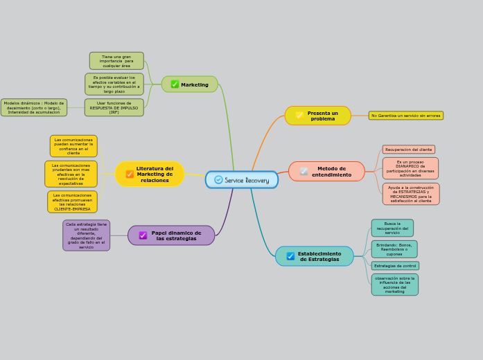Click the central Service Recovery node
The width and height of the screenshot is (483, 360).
(242, 180)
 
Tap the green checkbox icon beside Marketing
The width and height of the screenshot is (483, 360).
(175, 84)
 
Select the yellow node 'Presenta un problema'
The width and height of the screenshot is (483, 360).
(317, 116)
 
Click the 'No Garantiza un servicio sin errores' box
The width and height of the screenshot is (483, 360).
(405, 116)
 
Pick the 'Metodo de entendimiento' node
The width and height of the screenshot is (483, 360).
(326, 172)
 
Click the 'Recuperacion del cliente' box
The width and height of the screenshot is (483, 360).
(409, 150)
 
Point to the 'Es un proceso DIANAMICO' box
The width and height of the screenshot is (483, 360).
(410, 168)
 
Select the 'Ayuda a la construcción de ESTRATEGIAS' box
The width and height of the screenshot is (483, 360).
(410, 194)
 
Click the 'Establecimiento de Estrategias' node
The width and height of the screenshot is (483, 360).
(315, 256)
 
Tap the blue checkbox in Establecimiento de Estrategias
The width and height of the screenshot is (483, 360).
(290, 256)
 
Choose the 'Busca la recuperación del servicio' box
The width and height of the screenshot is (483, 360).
(392, 228)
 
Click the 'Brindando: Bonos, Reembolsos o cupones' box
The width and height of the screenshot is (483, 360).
(394, 249)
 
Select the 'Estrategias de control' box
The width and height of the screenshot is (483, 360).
(395, 266)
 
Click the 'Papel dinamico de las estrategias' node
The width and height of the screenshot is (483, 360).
(171, 235)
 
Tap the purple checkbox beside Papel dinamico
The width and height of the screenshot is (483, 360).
(143, 235)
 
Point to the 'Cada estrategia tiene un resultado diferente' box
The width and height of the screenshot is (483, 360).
(86, 235)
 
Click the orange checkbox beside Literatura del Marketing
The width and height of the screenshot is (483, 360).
(130, 174)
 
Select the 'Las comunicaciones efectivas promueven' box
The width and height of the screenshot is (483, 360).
(72, 202)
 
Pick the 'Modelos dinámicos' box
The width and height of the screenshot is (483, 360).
(34, 108)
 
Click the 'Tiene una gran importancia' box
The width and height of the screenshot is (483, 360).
(116, 61)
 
